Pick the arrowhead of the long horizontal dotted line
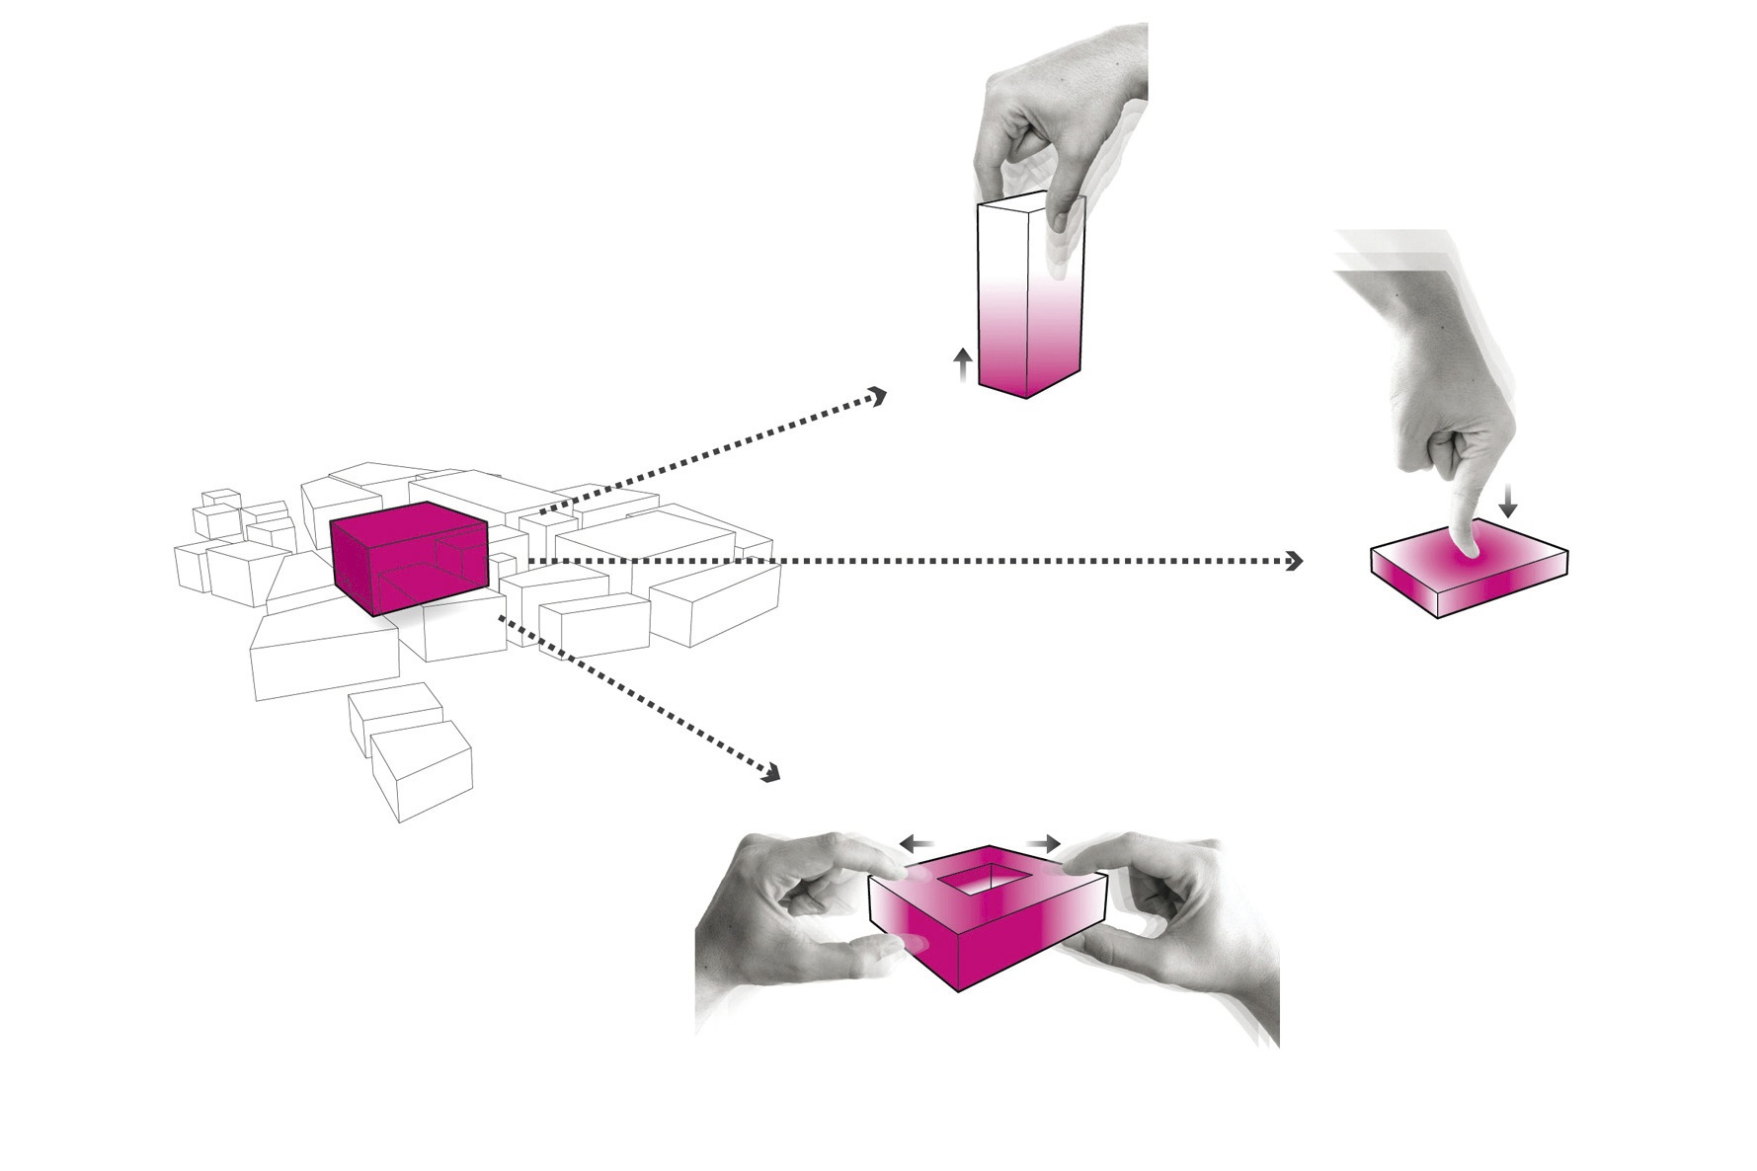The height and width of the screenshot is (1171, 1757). click(x=1294, y=562)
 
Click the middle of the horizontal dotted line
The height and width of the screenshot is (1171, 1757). click(x=909, y=562)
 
